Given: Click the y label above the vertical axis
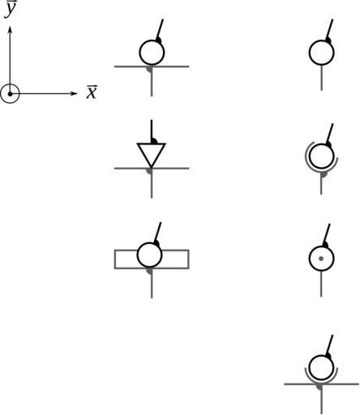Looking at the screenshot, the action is [x=11, y=10].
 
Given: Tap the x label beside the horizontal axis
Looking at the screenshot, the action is [x=92, y=92].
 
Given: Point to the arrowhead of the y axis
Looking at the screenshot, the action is [x=10, y=30].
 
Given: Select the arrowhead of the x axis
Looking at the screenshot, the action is [x=74, y=93].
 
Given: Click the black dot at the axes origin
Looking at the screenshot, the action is [x=10, y=94].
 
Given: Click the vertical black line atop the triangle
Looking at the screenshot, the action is [x=152, y=131].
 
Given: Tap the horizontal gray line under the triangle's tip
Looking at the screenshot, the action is [x=152, y=169].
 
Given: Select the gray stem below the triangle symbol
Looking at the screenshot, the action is [x=152, y=184].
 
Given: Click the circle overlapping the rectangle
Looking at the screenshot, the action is [x=149, y=255].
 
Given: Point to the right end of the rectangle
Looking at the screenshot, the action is [x=188, y=259].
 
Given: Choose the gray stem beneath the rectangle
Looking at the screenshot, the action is [x=152, y=284].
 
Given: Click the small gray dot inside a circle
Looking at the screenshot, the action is [x=321, y=259].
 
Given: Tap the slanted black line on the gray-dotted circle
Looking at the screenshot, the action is [x=327, y=234].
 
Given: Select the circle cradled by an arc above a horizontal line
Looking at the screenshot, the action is [x=321, y=367].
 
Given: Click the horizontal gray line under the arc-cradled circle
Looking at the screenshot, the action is [x=321, y=384].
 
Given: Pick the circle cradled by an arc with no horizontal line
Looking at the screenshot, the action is [x=321, y=156].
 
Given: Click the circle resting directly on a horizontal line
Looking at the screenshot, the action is [x=152, y=53].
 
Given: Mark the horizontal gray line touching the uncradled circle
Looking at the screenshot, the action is [x=152, y=66].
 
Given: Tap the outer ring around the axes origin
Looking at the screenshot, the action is [x=10, y=84].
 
